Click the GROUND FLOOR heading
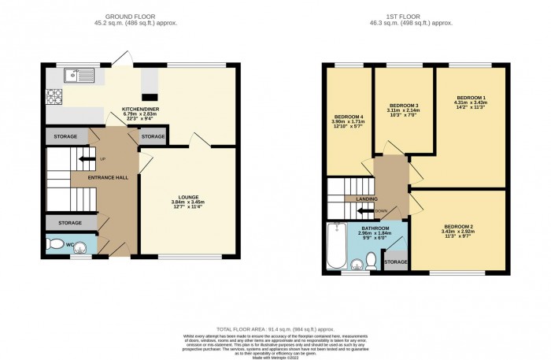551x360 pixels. coord(141,16)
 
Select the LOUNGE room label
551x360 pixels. coord(187,197)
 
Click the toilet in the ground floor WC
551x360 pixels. coord(54,246)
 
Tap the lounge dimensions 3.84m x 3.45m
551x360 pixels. coord(187,203)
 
